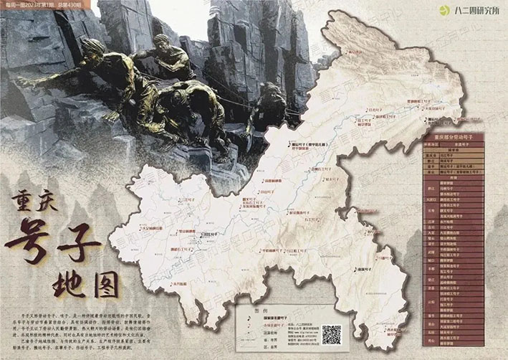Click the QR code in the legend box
pos(332,335)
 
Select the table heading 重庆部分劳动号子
pos(455,136)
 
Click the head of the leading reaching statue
pos(94,47)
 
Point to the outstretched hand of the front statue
pos(25,82)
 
